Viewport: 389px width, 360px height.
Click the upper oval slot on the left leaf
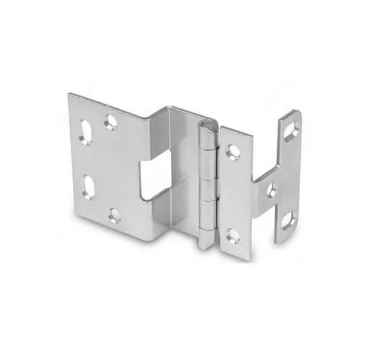pyautogui.click(x=85, y=133)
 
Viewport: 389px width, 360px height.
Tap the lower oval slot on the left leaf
pyautogui.click(x=90, y=186)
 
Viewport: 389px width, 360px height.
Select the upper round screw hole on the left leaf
pyautogui.click(x=110, y=122)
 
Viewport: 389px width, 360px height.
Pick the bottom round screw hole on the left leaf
pyautogui.click(x=115, y=215)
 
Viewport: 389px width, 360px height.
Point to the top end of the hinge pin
pyautogui.click(x=206, y=125)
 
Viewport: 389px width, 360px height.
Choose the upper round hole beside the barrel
pyautogui.click(x=233, y=152)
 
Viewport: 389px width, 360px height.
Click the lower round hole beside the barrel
pyautogui.click(x=234, y=235)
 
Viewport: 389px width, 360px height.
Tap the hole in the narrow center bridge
pyautogui.click(x=272, y=190)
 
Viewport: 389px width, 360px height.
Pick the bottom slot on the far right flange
pyautogui.click(x=287, y=221)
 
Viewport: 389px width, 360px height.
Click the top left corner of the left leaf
pyautogui.click(x=69, y=95)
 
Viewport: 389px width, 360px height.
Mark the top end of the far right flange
pyautogui.click(x=294, y=112)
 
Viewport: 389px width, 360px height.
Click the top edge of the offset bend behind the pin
pyautogui.click(x=181, y=108)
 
